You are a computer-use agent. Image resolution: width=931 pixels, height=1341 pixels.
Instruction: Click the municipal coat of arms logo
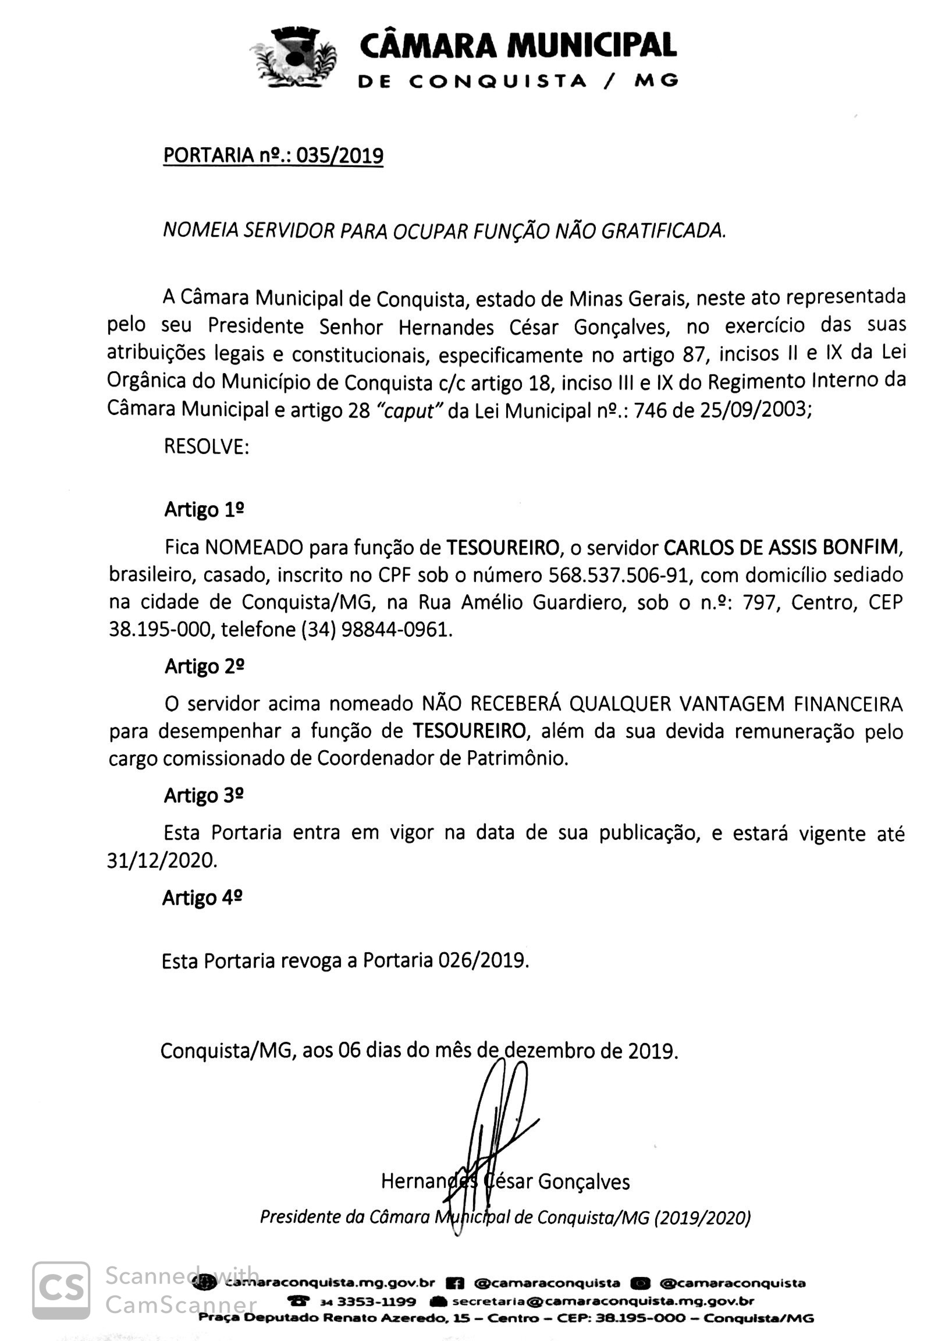click(x=294, y=58)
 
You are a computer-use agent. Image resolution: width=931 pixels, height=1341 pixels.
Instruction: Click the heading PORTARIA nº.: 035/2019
click(x=273, y=156)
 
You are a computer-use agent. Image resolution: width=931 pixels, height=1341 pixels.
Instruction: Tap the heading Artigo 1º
click(x=204, y=509)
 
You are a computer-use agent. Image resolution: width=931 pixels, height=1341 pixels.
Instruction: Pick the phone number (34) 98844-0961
click(x=376, y=630)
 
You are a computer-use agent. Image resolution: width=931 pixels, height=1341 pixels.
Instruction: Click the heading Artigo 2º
click(x=204, y=666)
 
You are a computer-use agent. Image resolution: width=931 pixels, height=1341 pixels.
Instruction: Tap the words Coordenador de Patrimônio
click(x=442, y=758)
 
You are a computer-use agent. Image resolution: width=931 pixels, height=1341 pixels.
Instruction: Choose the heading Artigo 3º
click(x=204, y=796)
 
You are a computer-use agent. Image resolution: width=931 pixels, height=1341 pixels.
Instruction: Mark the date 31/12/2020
click(x=162, y=861)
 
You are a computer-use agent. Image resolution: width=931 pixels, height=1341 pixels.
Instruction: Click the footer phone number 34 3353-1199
click(x=368, y=1301)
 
